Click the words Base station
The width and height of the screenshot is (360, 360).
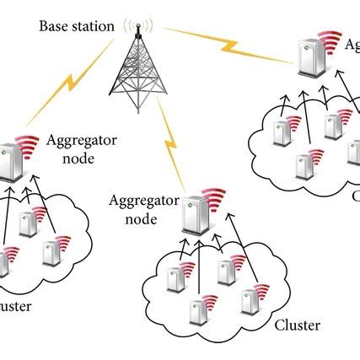pos(76,25)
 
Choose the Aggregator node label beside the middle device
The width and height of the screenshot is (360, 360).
pos(141,208)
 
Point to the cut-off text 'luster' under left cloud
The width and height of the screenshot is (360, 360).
pos(15,306)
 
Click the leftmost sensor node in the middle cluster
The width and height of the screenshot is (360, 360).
pos(175,279)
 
